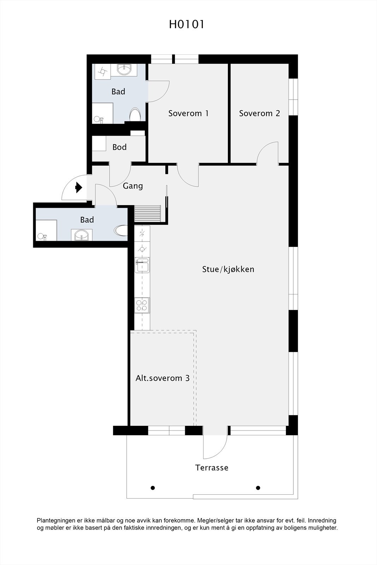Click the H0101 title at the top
187,24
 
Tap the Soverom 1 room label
188,113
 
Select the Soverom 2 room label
259,113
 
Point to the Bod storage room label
119,147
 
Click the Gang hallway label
133,186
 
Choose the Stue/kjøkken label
228,269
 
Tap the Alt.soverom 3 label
163,378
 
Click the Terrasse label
212,468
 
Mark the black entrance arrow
78,188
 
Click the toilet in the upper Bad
135,115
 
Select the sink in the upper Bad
124,69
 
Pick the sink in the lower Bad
82,235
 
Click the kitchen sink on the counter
142,265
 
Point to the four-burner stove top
142,305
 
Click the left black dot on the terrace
153,488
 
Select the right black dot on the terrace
258,488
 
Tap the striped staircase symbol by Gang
148,214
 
